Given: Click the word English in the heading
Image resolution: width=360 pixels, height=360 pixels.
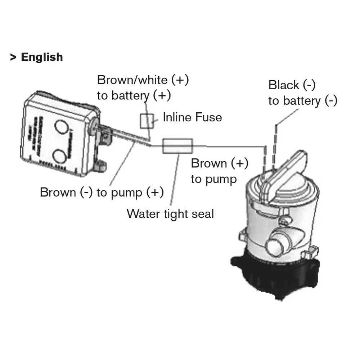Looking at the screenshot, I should (x=42, y=57).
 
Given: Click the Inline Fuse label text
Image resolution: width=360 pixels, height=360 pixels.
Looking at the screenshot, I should (x=192, y=117).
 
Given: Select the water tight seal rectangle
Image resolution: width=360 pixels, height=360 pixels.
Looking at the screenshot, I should (x=178, y=146).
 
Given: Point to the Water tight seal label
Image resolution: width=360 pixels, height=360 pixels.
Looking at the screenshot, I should (x=170, y=214).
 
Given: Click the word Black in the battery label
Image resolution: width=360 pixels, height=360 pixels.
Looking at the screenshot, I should (x=284, y=85).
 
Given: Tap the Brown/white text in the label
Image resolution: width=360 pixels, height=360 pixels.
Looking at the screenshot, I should (x=132, y=80).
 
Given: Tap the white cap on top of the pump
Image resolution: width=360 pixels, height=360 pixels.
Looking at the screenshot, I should (x=288, y=169).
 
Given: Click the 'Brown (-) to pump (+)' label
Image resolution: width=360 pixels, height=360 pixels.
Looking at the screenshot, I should (x=102, y=192).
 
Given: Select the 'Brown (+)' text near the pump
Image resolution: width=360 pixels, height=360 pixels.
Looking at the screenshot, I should (x=220, y=163).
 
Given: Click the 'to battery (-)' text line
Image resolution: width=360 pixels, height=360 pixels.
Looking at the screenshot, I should (x=302, y=101).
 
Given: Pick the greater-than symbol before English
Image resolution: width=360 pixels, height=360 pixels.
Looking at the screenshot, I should (x=13, y=57).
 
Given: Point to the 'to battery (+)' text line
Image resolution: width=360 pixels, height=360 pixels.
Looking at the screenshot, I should (x=134, y=95).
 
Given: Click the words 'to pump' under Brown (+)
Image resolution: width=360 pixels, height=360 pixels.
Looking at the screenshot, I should (x=214, y=179).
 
